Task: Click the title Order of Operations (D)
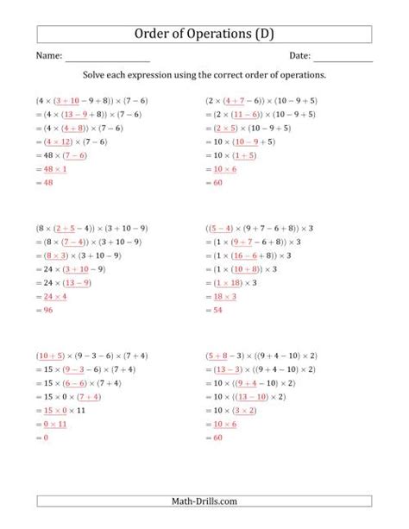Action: [204, 34]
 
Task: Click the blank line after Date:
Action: [343, 59]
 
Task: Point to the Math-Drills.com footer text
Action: [204, 500]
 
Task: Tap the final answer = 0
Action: [46, 438]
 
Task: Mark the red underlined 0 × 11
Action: [54, 425]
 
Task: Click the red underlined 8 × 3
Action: [57, 256]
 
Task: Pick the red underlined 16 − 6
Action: [253, 256]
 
